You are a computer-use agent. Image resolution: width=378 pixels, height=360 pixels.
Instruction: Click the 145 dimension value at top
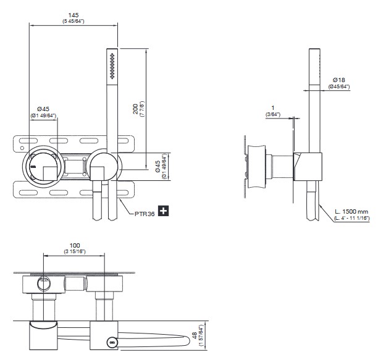[73, 14]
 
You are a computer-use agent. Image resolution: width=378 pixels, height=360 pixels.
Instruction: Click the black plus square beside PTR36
[164, 211]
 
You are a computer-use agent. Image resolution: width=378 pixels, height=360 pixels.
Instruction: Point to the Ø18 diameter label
[338, 80]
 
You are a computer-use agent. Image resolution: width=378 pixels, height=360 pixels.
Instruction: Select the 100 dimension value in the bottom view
[73, 244]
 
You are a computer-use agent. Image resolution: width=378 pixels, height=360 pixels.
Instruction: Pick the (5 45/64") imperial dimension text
[73, 22]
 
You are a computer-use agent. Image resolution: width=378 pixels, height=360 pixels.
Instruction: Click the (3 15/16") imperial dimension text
[73, 251]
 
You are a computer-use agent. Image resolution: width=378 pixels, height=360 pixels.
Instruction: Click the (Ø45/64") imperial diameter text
[339, 87]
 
